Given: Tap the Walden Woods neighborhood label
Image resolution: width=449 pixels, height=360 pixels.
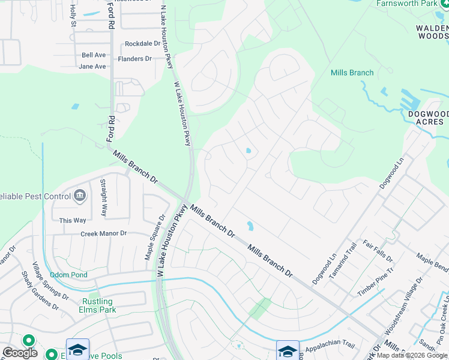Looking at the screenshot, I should point(433,32).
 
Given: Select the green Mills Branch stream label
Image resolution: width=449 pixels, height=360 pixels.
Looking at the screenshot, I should point(352,73).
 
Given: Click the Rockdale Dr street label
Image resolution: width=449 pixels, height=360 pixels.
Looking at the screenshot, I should point(143,44).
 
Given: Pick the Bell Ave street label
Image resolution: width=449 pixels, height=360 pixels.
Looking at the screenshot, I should point(94,55).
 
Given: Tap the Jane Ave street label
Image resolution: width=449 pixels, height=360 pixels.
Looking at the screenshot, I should point(92,67).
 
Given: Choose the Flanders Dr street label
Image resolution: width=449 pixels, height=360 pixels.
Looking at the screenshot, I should point(134,59).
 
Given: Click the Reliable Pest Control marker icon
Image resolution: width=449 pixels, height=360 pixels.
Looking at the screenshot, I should point(80,196).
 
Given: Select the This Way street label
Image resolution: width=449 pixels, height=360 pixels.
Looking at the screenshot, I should point(73,220).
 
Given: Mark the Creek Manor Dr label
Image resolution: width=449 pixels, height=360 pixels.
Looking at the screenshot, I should point(104,233).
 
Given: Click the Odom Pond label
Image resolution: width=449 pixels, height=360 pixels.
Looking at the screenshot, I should point(68,275).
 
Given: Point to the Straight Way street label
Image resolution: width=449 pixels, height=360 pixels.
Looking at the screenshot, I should point(103,197).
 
